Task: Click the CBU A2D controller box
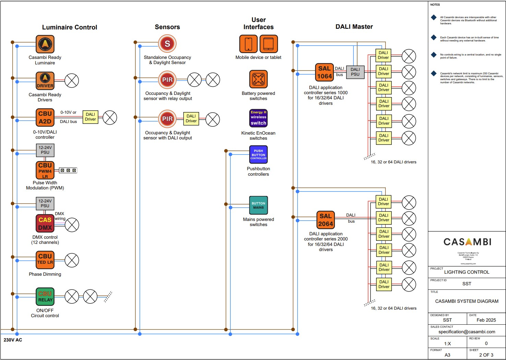pyautogui.click(x=45, y=117)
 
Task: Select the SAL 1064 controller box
pyautogui.click(x=324, y=72)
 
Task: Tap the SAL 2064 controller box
pyautogui.click(x=325, y=220)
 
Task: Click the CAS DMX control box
pyautogui.click(x=45, y=223)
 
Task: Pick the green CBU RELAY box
pyautogui.click(x=45, y=297)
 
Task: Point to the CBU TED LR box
pyautogui.click(x=45, y=260)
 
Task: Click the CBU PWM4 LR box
pyautogui.click(x=45, y=170)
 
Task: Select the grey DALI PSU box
pyautogui.click(x=355, y=72)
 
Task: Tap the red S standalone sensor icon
pyautogui.click(x=167, y=44)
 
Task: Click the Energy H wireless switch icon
pyautogui.click(x=258, y=118)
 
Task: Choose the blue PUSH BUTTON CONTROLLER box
pyautogui.click(x=258, y=154)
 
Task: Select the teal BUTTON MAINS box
pyautogui.click(x=258, y=205)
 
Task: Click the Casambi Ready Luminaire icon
pyautogui.click(x=45, y=44)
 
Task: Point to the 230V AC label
pyautogui.click(x=13, y=340)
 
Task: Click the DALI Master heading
pyautogui.click(x=354, y=27)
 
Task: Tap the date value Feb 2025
pyautogui.click(x=486, y=320)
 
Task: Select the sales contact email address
pyautogui.click(x=467, y=332)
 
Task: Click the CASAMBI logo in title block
pyautogui.click(x=467, y=242)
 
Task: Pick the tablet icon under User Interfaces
pyautogui.click(x=268, y=44)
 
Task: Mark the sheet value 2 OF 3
pyautogui.click(x=486, y=355)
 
